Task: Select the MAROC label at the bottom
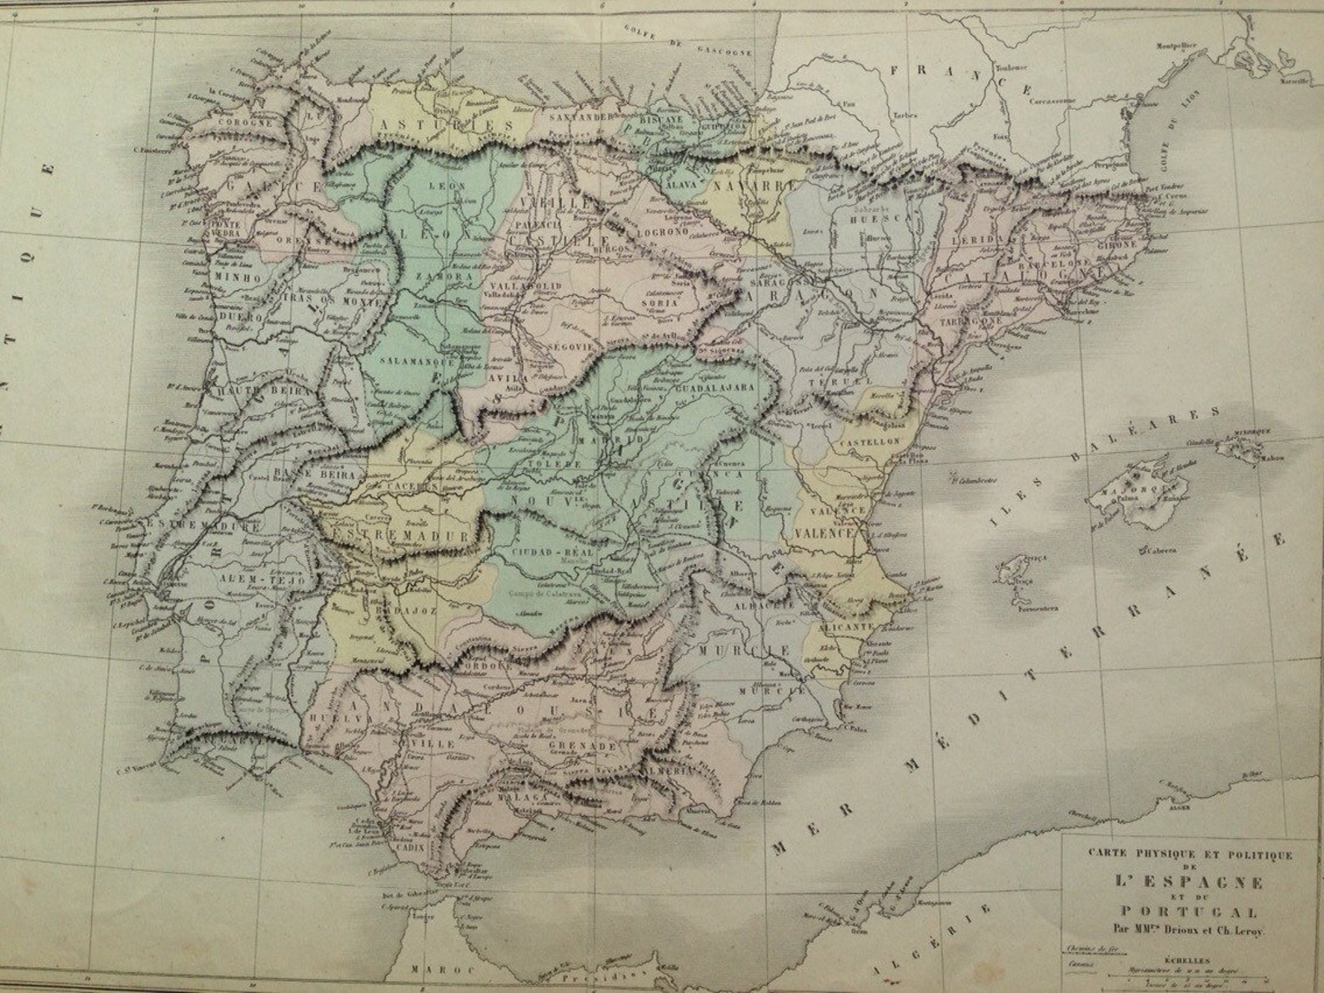coord(434,969)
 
